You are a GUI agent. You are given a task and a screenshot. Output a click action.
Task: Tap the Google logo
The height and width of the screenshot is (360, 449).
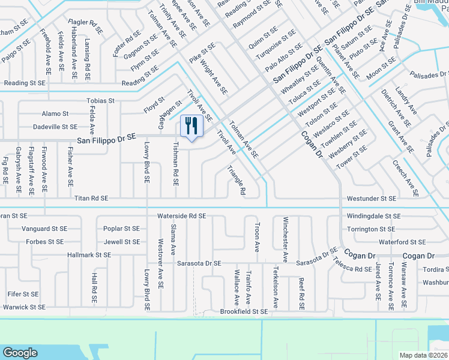pyautogui.click(x=20, y=353)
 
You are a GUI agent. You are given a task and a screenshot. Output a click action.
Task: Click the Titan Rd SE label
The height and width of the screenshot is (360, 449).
pyautogui.click(x=91, y=198)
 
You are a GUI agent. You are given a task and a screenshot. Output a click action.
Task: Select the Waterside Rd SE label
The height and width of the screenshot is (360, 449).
pyautogui.click(x=181, y=215)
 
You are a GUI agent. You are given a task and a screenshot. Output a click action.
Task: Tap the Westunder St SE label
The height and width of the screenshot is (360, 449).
pyautogui.click(x=371, y=198)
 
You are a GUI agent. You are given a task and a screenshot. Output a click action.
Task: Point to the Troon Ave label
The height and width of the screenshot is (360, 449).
pyautogui.click(x=257, y=238)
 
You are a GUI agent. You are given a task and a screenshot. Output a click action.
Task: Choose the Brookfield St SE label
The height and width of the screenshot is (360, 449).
pyautogui.click(x=244, y=311)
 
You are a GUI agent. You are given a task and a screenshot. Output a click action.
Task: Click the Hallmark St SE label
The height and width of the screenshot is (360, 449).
pyautogui.click(x=89, y=255)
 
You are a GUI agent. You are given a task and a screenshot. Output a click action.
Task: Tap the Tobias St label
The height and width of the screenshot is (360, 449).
pyautogui.click(x=100, y=101)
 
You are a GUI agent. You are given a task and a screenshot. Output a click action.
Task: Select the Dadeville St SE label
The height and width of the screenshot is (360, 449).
pyautogui.click(x=55, y=127)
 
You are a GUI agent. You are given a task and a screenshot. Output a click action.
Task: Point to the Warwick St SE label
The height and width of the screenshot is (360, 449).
pyautogui.click(x=23, y=307)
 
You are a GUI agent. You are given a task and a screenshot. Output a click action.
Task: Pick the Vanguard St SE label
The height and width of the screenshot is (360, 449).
pyautogui.click(x=44, y=229)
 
